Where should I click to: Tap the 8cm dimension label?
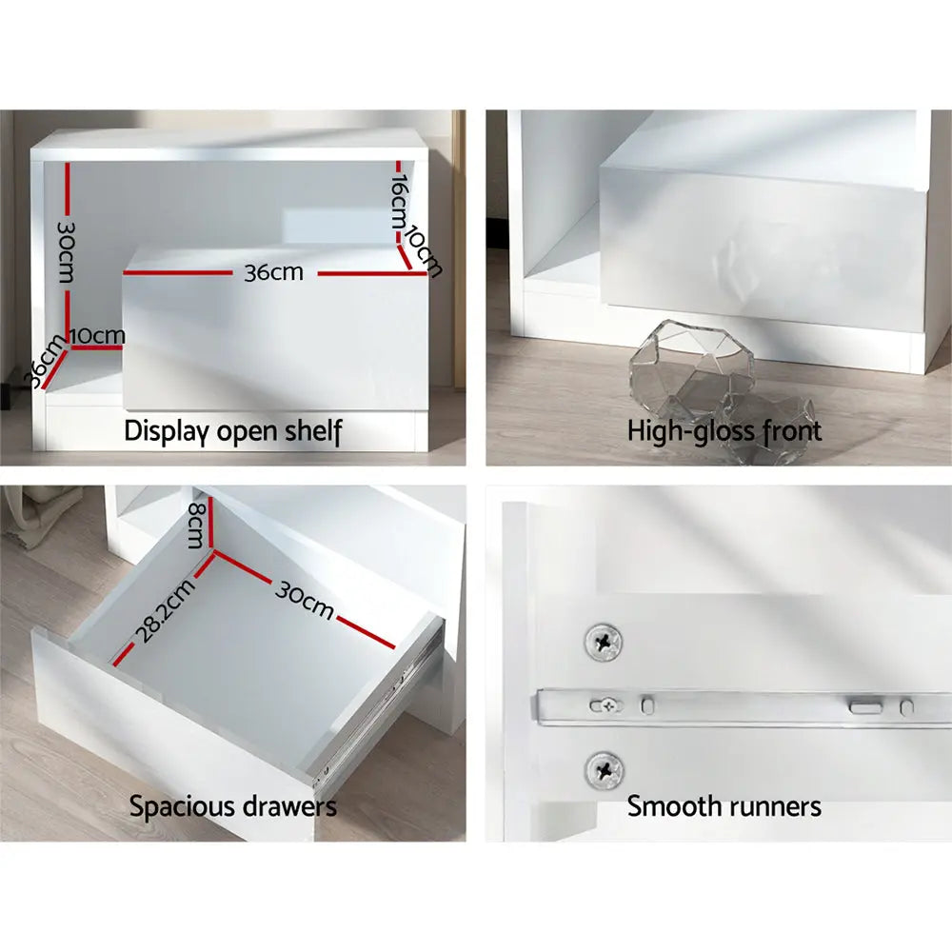pyautogui.click(x=195, y=525)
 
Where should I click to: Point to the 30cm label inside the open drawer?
pyautogui.click(x=305, y=598)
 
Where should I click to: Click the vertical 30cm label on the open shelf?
pyautogui.click(x=66, y=252)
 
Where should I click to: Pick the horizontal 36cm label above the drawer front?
pyautogui.click(x=273, y=272)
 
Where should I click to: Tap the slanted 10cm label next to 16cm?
pyautogui.click(x=425, y=249)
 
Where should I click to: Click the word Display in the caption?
pyautogui.click(x=166, y=431)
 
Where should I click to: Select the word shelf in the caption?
pyautogui.click(x=313, y=430)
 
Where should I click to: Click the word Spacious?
pyautogui.click(x=181, y=807)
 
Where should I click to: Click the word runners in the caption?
pyautogui.click(x=772, y=807)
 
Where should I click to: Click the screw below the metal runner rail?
pyautogui.click(x=605, y=767)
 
